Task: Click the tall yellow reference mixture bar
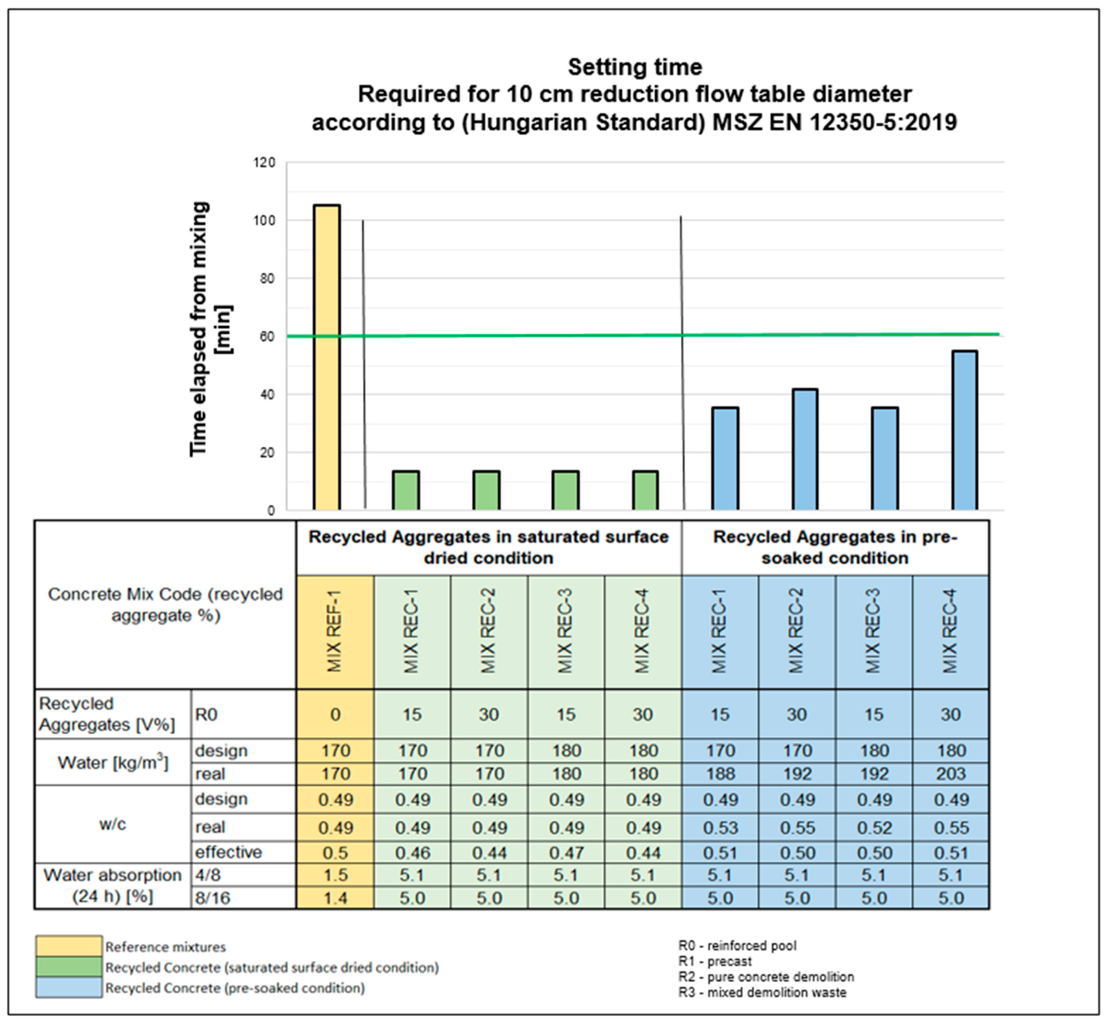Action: [327, 357]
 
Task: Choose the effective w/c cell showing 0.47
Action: [566, 852]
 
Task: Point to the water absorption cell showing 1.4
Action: [335, 898]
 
